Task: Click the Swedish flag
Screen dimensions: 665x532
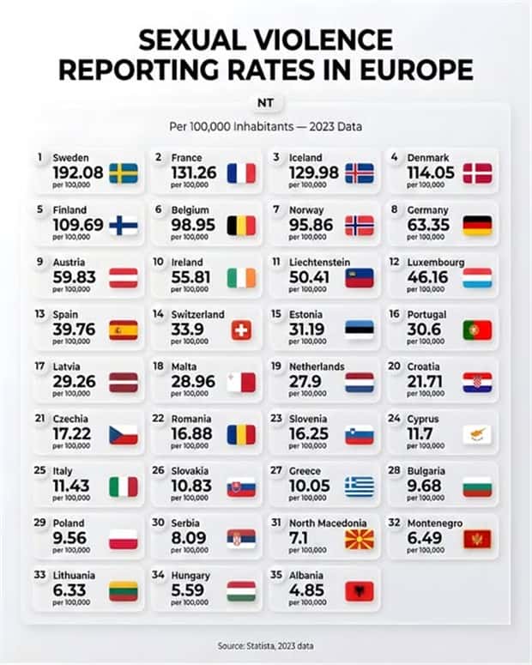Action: tap(124, 172)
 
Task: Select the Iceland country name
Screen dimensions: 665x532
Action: tap(306, 158)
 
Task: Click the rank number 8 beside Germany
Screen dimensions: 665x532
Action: tap(394, 209)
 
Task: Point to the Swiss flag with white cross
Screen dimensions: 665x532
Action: tap(241, 330)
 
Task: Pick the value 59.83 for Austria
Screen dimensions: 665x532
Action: tap(75, 277)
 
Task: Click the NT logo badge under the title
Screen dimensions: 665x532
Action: tap(265, 103)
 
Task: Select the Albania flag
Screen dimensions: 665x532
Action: tap(360, 591)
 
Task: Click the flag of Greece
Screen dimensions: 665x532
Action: tap(360, 487)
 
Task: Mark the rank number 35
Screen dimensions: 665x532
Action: tap(276, 575)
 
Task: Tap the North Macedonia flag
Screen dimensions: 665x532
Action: tap(360, 539)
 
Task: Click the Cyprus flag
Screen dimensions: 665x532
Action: tap(477, 434)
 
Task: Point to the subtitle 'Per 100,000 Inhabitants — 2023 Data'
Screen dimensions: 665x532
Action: tap(265, 126)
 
